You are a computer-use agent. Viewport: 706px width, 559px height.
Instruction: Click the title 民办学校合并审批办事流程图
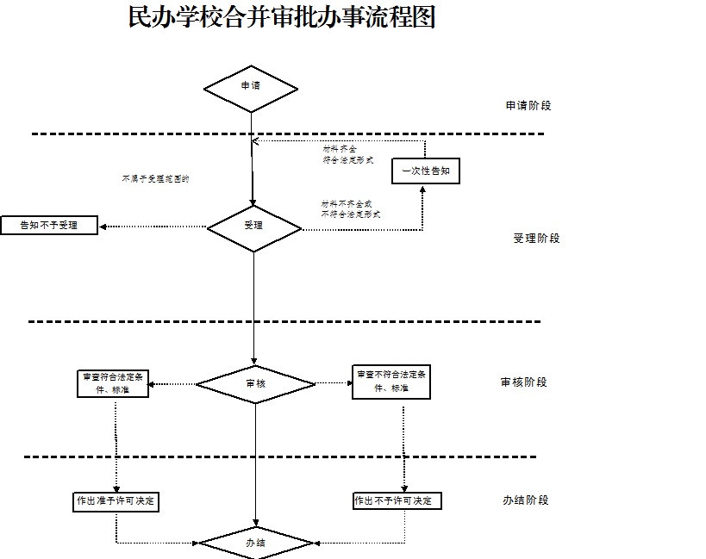click(x=281, y=17)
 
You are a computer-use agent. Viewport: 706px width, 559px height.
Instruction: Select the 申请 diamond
click(x=251, y=86)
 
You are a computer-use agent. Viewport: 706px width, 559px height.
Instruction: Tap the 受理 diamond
click(x=253, y=227)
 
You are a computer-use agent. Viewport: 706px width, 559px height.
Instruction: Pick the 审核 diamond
click(x=255, y=383)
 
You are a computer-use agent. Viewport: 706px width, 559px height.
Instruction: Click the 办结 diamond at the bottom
click(x=255, y=543)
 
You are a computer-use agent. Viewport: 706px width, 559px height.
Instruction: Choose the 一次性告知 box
click(x=426, y=171)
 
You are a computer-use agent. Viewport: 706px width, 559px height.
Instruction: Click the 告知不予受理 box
click(x=49, y=226)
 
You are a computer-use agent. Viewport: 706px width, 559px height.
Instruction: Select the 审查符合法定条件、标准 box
click(x=115, y=383)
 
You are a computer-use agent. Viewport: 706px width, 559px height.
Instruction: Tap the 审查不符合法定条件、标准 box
click(x=391, y=382)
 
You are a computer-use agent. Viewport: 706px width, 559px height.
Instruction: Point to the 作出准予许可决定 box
click(x=116, y=500)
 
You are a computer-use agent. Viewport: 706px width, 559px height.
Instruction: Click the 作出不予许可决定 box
click(x=397, y=500)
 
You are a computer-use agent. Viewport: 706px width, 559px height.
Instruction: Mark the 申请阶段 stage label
click(x=528, y=106)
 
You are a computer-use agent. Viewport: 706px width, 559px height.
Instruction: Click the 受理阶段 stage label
click(x=536, y=239)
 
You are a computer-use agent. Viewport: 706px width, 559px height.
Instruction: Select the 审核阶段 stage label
click(x=523, y=382)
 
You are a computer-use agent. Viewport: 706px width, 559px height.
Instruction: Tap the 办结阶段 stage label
click(x=525, y=500)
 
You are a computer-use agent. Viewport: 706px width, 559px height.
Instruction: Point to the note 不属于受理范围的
click(x=155, y=179)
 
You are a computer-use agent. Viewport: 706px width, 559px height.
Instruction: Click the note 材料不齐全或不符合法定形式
click(x=351, y=208)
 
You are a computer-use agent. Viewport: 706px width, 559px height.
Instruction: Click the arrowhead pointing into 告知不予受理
click(x=103, y=227)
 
